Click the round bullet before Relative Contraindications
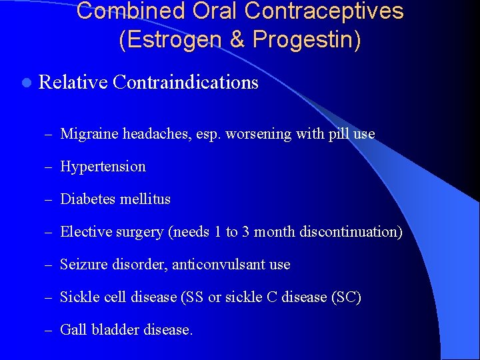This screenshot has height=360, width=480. coord(25,83)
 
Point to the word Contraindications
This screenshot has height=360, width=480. coord(185,82)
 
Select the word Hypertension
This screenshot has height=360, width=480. coord(103,167)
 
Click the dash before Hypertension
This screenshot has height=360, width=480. coord(50,167)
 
